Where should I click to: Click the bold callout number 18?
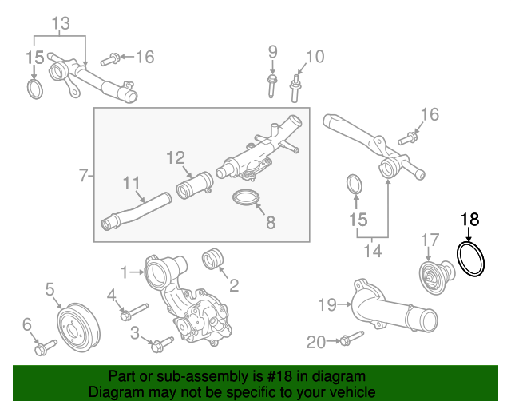tap(469, 218)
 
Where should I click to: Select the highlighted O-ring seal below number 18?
tap(472, 261)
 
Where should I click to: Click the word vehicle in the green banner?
tap(352, 393)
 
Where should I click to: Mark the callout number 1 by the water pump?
tap(124, 271)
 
